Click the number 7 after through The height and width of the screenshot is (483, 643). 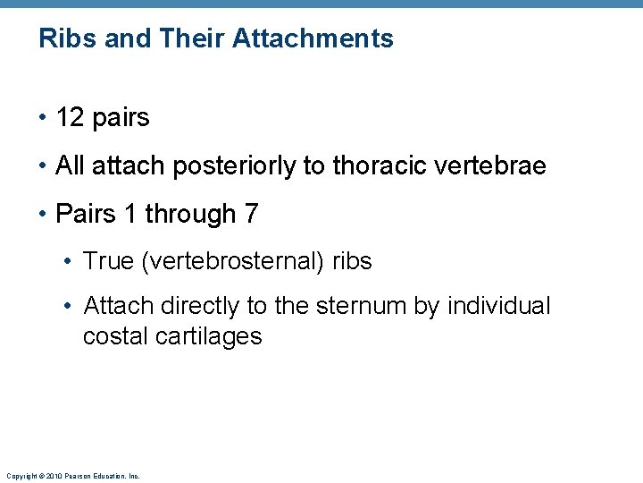[x=251, y=214]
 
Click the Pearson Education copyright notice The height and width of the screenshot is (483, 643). [x=72, y=476]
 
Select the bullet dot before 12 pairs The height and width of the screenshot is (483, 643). [x=43, y=118]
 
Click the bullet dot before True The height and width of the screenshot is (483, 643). [x=70, y=262]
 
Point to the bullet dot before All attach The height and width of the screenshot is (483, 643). [x=43, y=166]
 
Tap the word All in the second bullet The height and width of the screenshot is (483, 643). [x=68, y=165]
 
